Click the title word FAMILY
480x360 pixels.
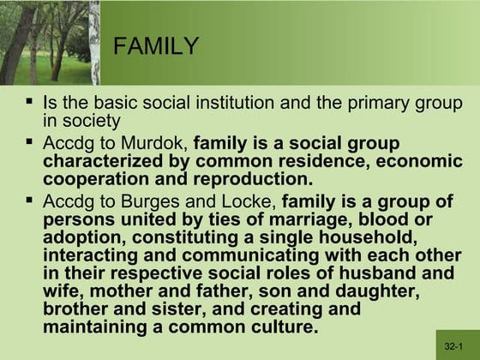point(156,45)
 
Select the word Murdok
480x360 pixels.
point(159,143)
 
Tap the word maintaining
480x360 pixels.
point(98,328)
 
